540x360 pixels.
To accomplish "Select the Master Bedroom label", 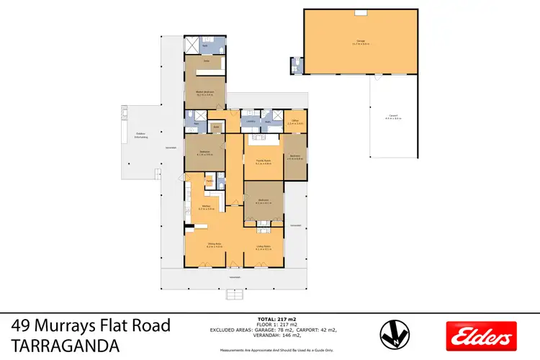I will coord(205,93).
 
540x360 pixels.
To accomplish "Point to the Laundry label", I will coord(250,122).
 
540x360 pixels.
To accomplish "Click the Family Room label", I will coord(262,162).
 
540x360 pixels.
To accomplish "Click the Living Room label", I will coord(263,246).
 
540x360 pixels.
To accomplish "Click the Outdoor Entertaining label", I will coord(141,135).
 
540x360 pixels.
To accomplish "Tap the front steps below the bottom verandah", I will coord(235,294).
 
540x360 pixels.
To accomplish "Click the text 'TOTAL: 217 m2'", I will coord(277,318).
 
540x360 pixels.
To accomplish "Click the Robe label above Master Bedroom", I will coord(205,62).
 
